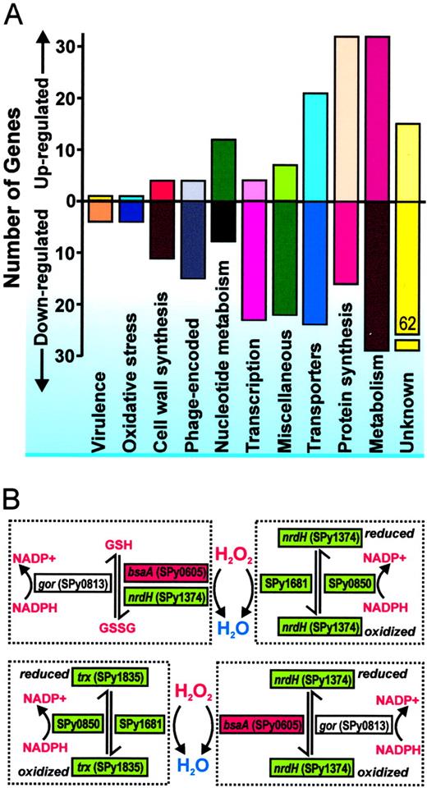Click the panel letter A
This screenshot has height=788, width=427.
pos(16,16)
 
